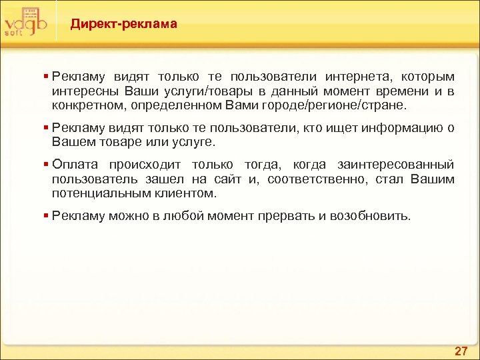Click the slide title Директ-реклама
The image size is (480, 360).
[x=124, y=25]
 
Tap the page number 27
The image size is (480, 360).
[x=461, y=350]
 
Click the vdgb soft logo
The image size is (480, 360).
[x=25, y=21]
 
